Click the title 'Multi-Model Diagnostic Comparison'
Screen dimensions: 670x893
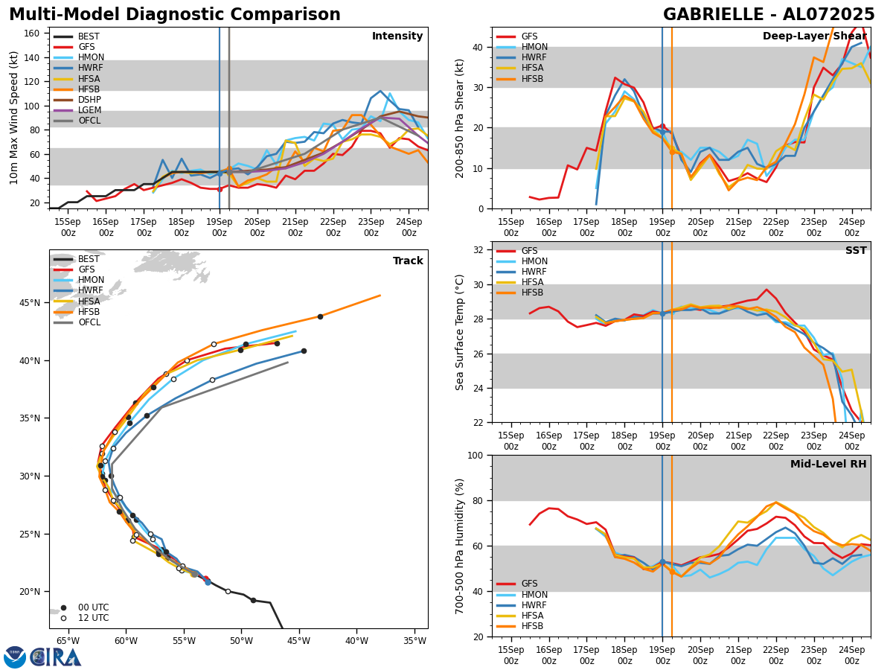[174, 15]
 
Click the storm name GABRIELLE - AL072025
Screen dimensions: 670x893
[769, 15]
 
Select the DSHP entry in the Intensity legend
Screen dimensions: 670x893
[89, 100]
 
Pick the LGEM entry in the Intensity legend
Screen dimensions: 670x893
[89, 110]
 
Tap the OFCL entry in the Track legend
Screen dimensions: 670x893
[89, 322]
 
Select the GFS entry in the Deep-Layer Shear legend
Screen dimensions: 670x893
[529, 36]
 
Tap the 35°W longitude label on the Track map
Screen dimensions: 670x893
[415, 641]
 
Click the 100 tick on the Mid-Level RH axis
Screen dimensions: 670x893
[473, 455]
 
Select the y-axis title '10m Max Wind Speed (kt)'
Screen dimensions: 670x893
[14, 118]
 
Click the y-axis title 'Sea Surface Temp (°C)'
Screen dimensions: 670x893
[460, 332]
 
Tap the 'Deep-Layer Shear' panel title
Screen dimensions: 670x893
[814, 36]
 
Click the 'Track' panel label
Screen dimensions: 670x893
[408, 261]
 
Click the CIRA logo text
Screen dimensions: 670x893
[57, 657]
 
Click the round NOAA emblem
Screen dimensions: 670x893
[15, 657]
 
